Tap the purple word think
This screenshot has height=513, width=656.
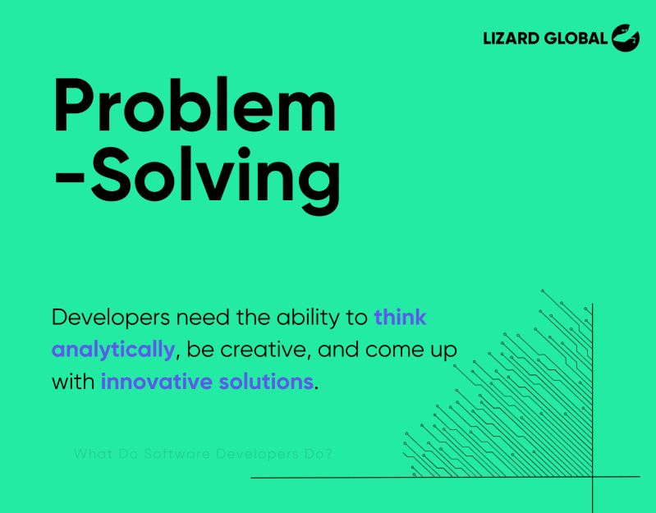click(x=400, y=317)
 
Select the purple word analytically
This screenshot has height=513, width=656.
click(x=113, y=350)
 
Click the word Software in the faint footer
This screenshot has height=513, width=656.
click(x=177, y=453)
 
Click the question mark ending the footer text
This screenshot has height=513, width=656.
click(x=328, y=453)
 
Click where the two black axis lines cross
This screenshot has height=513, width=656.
click(x=592, y=477)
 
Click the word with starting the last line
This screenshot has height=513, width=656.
click(x=72, y=382)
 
